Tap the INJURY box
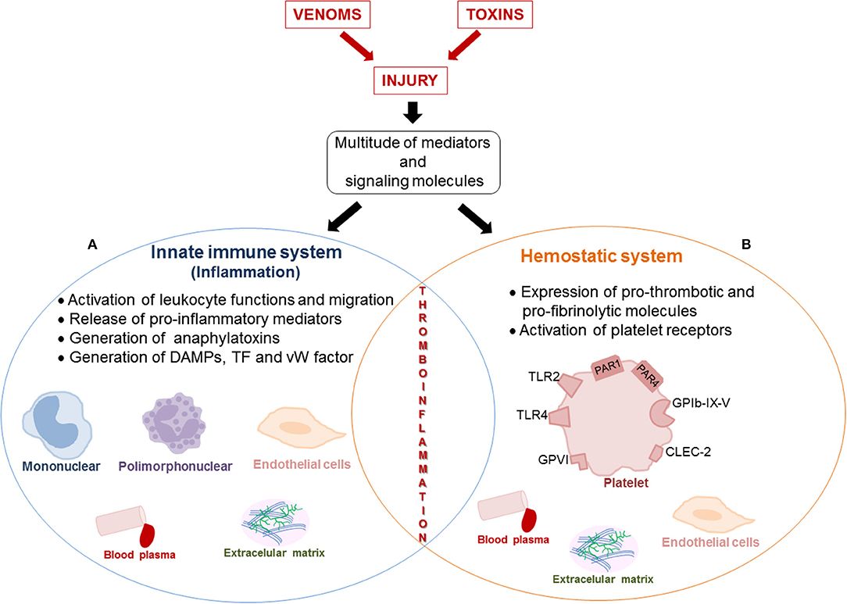(x=413, y=80)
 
